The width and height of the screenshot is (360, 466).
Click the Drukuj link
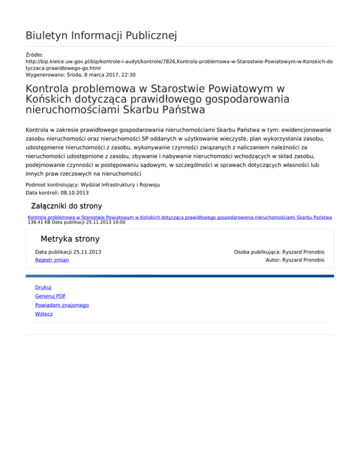click(x=43, y=287)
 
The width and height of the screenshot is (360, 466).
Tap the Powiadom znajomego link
click(x=62, y=305)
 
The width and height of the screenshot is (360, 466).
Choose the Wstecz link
click(x=44, y=314)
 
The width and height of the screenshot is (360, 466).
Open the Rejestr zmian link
click(x=52, y=260)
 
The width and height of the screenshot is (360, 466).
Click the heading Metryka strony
click(x=70, y=239)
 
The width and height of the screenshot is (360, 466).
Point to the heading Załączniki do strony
click(x=66, y=206)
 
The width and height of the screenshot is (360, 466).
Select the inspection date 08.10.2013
click(x=75, y=193)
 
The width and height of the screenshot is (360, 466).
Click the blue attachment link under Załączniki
click(x=180, y=218)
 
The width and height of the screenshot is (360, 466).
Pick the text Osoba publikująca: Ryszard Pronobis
click(x=279, y=252)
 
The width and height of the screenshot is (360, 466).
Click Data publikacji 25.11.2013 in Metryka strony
click(x=68, y=252)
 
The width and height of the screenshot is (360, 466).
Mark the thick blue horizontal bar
click(x=180, y=276)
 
